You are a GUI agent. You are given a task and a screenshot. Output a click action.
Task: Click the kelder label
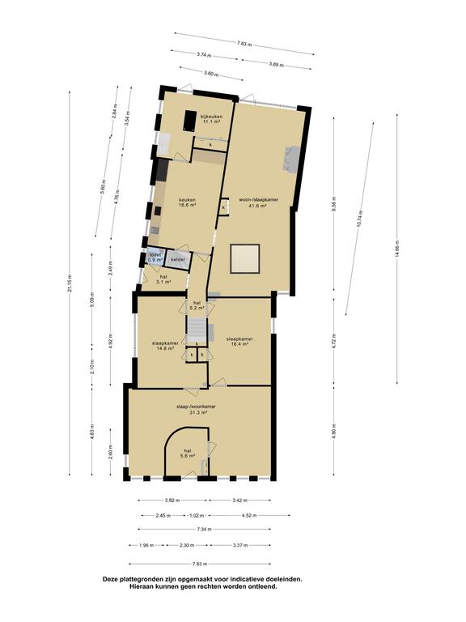coord(178,259)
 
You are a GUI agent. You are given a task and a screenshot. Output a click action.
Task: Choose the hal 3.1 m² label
coord(163,279)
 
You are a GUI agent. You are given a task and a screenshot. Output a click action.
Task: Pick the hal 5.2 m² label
coord(197,305)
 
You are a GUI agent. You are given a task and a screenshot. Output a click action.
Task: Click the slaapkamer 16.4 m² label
coord(240,342)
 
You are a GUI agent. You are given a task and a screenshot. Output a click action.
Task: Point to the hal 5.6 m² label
coord(188,454)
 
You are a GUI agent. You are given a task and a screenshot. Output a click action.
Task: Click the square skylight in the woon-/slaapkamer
coord(245,259)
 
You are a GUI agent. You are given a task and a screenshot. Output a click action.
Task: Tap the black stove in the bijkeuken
coord(192,120)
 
